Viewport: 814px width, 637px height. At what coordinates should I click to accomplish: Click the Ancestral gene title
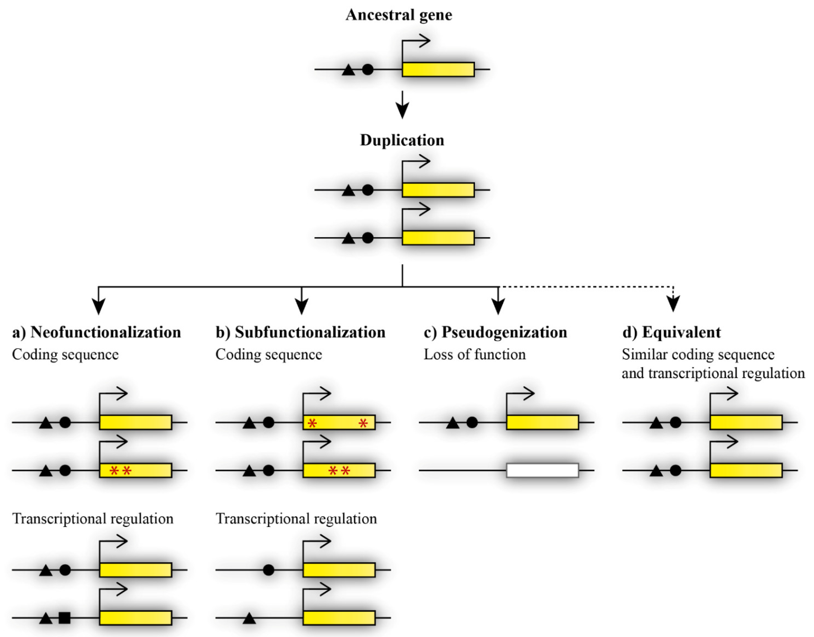tap(399, 15)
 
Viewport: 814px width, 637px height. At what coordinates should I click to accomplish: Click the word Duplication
tap(402, 140)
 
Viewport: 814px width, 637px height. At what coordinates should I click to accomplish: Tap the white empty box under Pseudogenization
tap(542, 470)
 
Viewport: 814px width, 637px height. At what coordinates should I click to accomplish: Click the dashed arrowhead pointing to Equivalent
tap(673, 304)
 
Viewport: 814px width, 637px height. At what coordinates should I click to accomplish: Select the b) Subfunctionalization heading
tap(300, 332)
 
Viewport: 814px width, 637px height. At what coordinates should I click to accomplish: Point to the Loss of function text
tap(474, 354)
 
